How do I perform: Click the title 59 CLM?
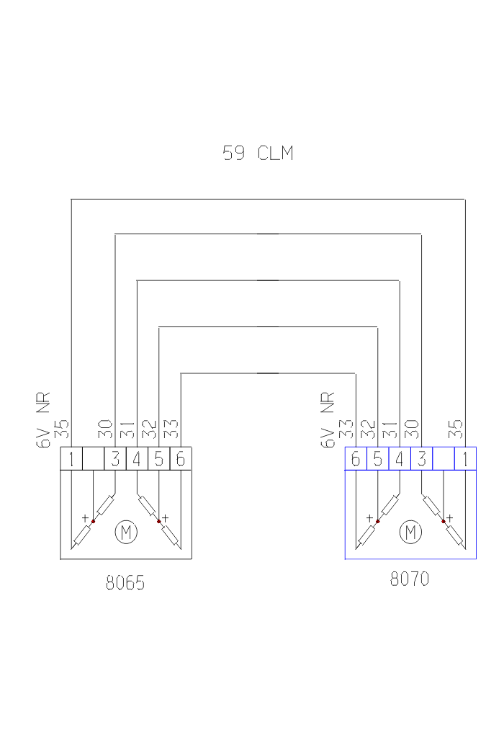pos(258,153)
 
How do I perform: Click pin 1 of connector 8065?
pos(71,458)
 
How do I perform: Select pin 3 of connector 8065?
pos(115,458)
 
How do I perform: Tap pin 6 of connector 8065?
pos(181,458)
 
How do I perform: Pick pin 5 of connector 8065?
pos(159,458)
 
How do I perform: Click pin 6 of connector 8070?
pos(356,458)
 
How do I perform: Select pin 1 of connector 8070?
pos(466,458)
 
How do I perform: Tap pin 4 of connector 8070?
pos(400,458)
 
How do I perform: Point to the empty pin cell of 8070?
pos(444,458)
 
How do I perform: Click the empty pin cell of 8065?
pos(93,458)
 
